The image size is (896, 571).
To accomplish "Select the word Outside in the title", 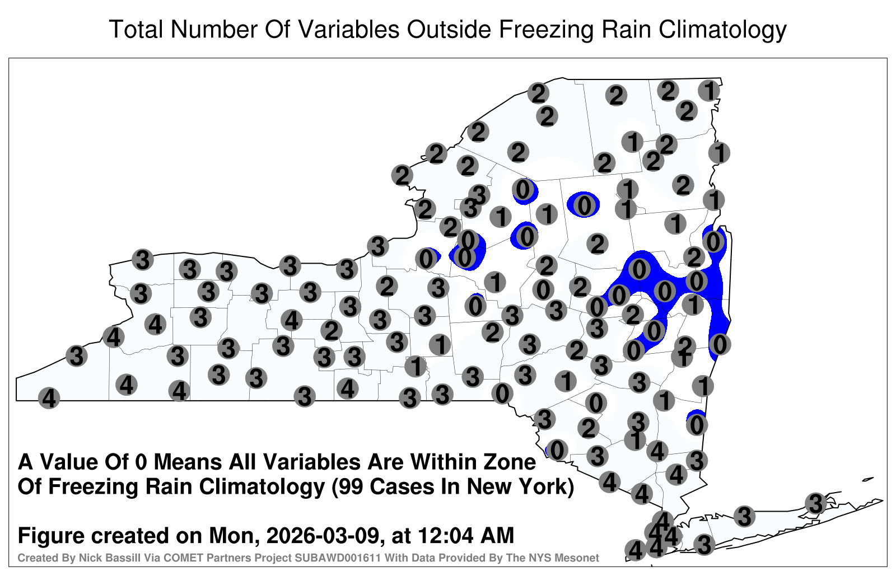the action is click(x=449, y=29).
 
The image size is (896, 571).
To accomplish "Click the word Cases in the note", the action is click(x=402, y=486).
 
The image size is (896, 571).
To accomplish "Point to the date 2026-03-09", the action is click(x=323, y=535).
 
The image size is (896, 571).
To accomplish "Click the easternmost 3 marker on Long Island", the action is click(x=815, y=503).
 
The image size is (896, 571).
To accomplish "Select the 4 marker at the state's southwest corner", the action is click(x=49, y=398).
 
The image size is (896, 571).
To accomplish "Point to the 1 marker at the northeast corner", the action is click(x=709, y=91).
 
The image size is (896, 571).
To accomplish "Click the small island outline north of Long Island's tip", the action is click(x=868, y=479).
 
